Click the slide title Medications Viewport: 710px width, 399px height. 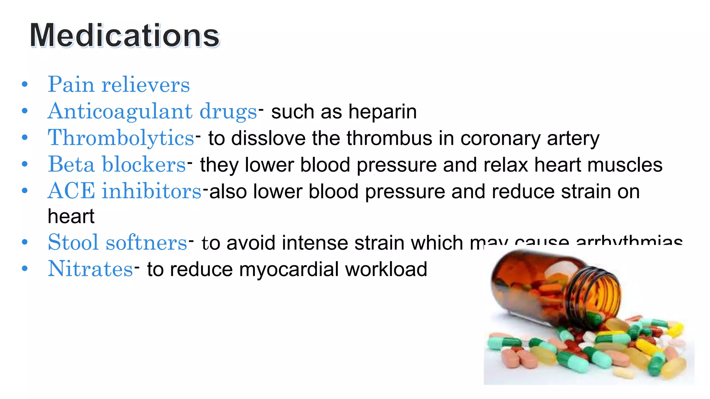point(124,35)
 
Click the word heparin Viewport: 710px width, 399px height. point(382,112)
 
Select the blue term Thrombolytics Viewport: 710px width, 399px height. point(121,138)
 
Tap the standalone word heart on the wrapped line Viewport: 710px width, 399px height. point(71,216)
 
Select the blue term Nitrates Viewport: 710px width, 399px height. point(90,269)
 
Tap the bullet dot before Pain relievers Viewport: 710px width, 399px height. point(24,84)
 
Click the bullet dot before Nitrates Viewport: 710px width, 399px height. point(24,269)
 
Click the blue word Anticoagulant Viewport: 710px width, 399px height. point(120,111)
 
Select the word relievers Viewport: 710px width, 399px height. point(146,85)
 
